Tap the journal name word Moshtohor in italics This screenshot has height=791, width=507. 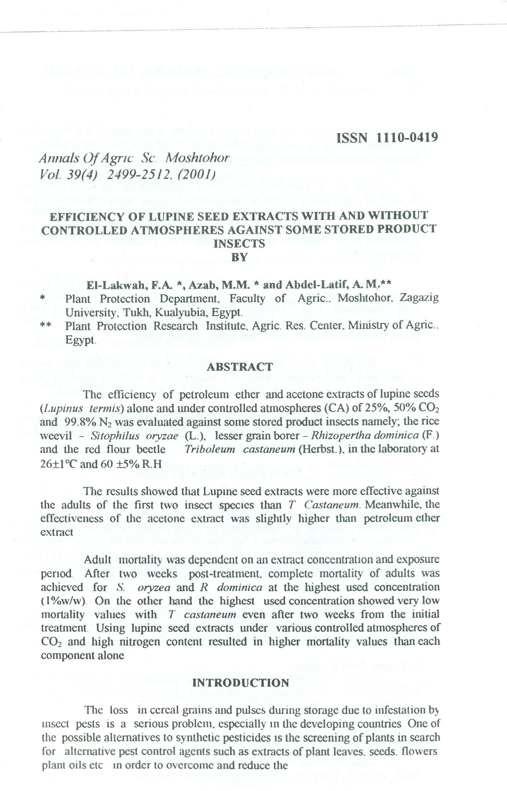click(198, 158)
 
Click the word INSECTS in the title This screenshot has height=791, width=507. click(239, 244)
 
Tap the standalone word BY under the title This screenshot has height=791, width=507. click(239, 257)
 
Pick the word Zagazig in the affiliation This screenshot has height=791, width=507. click(419, 298)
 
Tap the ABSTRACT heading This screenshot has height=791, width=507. click(240, 367)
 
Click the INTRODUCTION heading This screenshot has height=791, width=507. click(240, 683)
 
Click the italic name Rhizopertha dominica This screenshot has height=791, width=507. click(365, 436)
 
